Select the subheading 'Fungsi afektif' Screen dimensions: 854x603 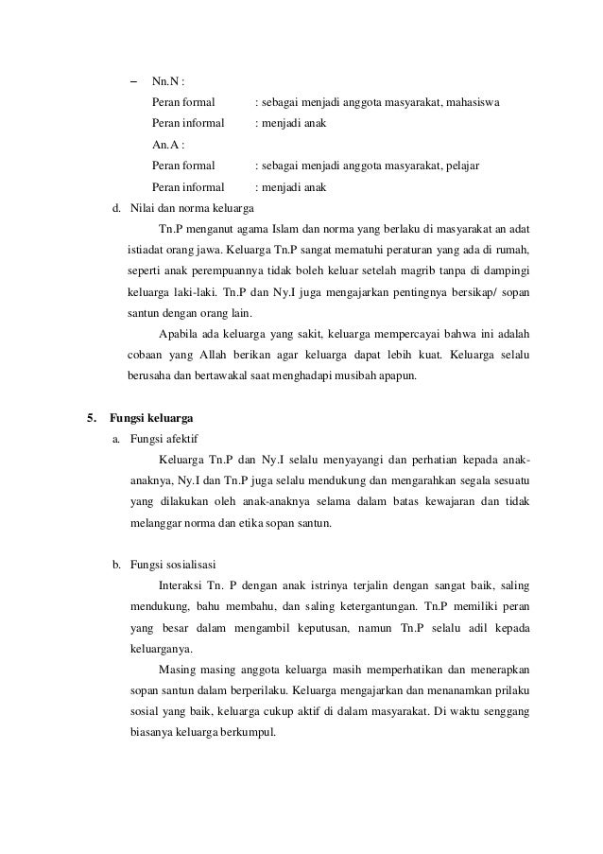[164, 439]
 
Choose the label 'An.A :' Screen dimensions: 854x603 [167, 145]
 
